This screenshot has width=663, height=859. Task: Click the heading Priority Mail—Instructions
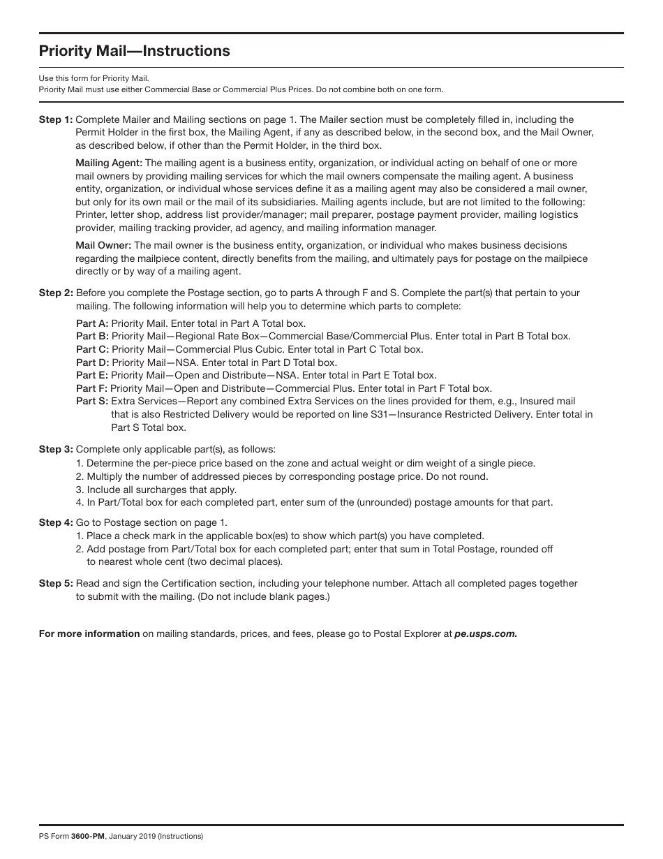134,51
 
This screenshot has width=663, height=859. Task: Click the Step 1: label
56,119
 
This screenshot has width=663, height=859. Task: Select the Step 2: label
56,293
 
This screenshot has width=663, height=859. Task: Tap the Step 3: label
56,449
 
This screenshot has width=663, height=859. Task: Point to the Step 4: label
56,522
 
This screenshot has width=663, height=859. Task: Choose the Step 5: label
56,583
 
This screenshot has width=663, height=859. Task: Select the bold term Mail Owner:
103,245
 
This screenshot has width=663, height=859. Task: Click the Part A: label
92,323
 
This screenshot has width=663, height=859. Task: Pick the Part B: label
92,336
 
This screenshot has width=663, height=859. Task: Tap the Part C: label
92,349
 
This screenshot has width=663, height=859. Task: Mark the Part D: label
92,362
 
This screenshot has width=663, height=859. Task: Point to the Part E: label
92,375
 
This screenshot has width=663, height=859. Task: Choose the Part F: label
91,388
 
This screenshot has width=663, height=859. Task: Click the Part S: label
92,402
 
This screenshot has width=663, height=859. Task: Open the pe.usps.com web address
486,634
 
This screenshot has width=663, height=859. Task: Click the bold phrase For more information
89,634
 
